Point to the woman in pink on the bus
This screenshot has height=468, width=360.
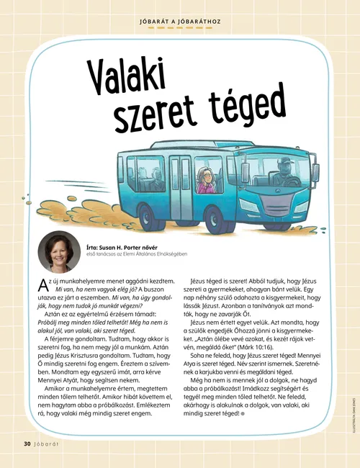pos(205,181)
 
